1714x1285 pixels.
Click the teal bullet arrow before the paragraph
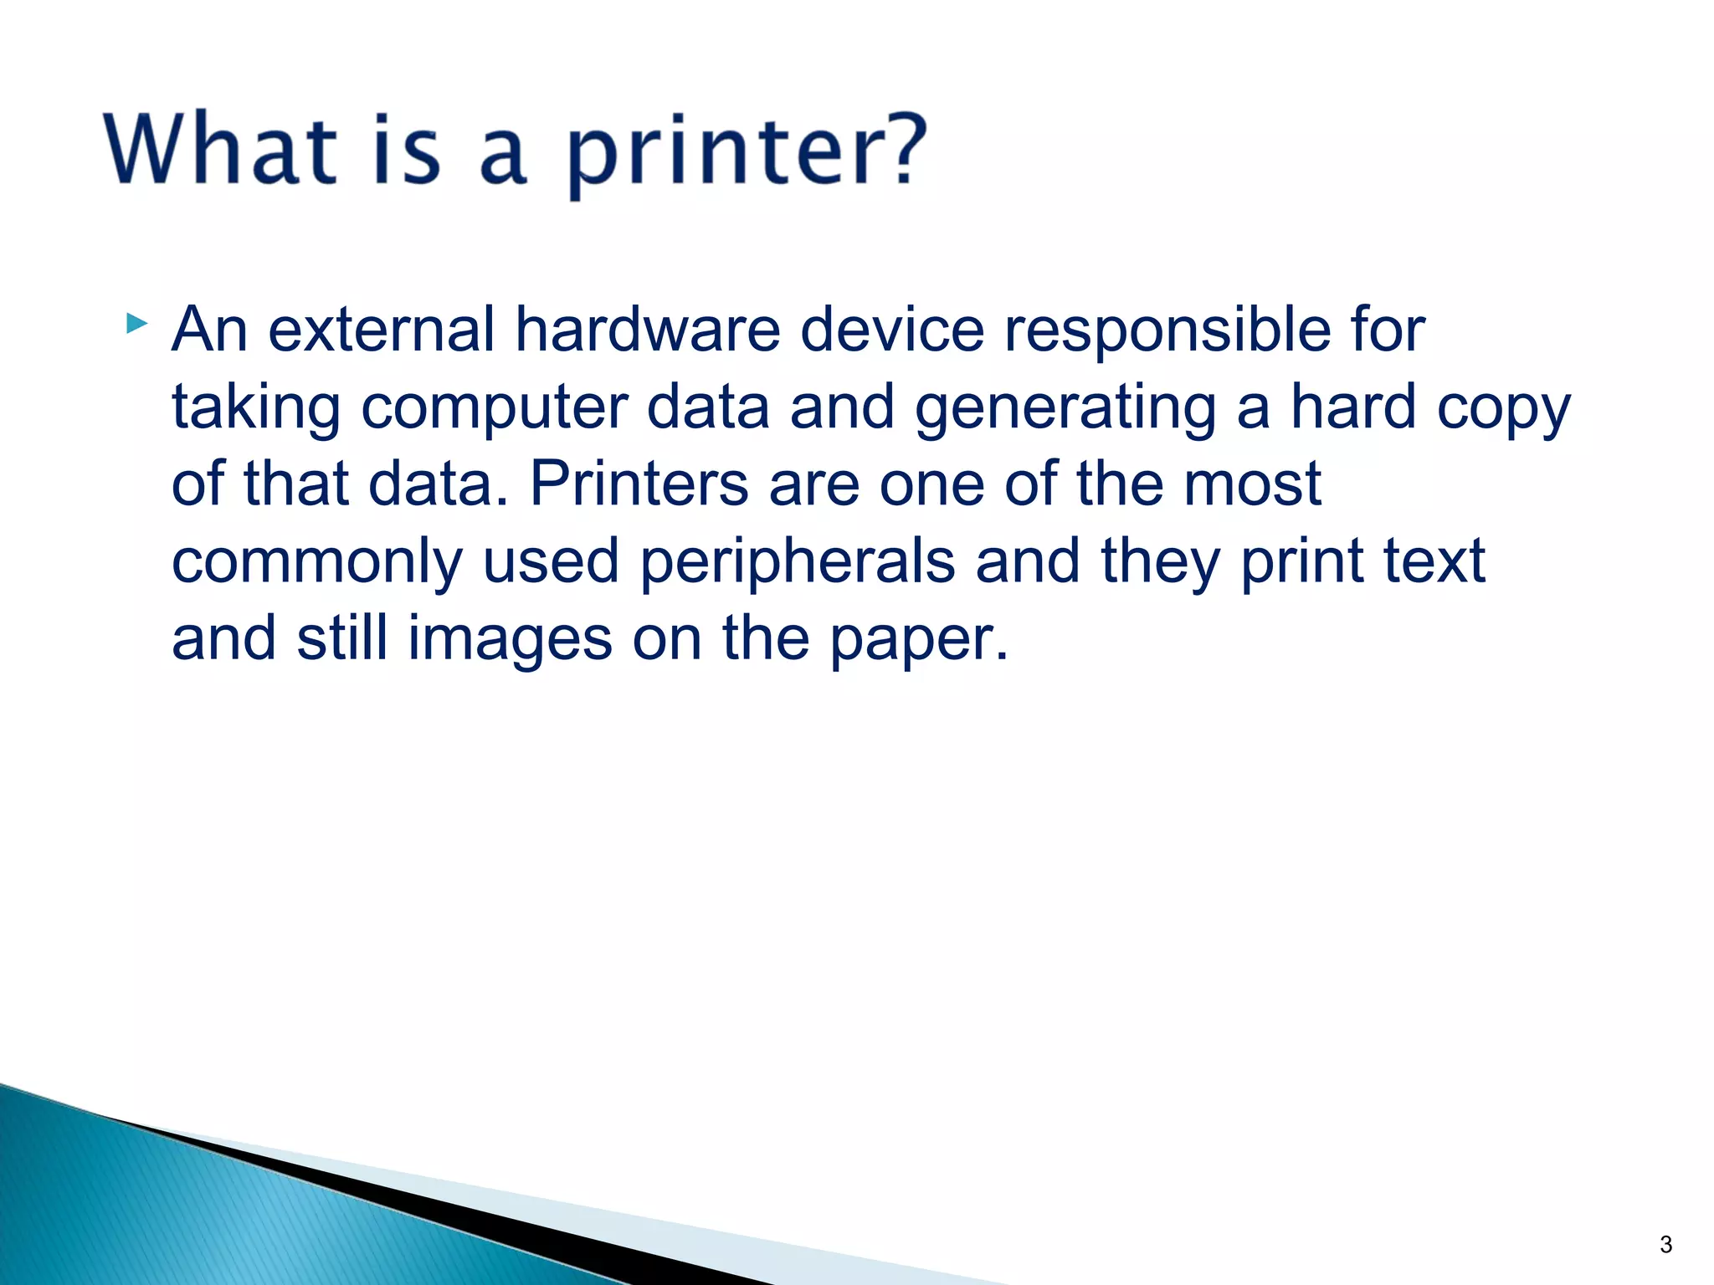click(x=137, y=323)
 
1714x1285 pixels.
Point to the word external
click(x=381, y=330)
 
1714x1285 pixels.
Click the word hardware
click(x=647, y=330)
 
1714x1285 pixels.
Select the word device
click(x=892, y=330)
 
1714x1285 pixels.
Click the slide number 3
click(x=1665, y=1245)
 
